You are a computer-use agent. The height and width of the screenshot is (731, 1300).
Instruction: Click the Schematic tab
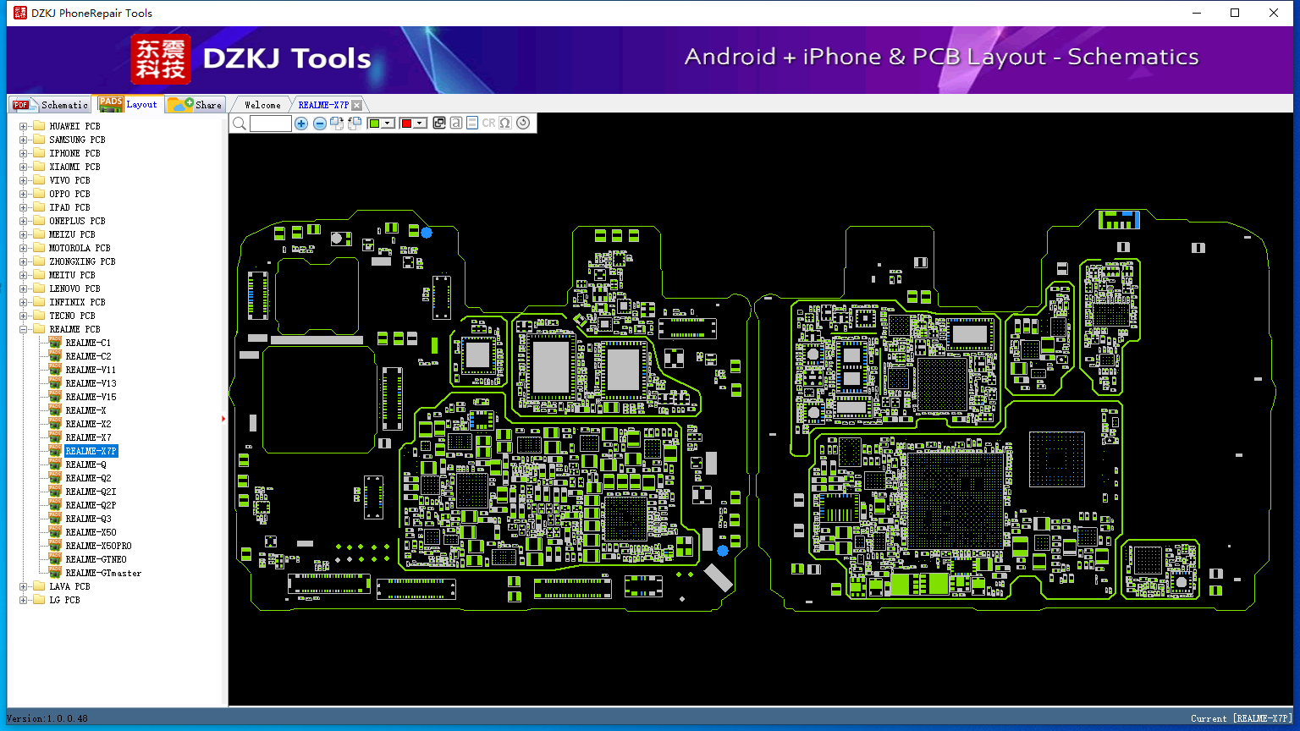51,105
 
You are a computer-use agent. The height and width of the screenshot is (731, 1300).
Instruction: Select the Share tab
196,105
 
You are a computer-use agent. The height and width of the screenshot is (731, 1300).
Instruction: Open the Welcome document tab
262,105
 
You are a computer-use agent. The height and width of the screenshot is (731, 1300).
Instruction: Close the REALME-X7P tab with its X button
357,105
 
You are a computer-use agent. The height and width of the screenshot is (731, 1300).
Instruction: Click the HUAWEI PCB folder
74,126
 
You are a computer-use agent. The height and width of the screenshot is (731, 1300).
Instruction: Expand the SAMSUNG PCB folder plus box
23,140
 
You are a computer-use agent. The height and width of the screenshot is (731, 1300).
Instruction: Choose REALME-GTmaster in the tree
103,573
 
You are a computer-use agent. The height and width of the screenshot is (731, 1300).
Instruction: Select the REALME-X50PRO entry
98,546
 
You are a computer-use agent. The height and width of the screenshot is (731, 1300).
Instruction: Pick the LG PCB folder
64,600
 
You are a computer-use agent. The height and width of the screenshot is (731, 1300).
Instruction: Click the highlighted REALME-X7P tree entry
91,451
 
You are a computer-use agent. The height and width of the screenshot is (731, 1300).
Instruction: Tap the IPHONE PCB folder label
74,153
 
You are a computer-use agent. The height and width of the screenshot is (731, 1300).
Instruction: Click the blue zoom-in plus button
301,124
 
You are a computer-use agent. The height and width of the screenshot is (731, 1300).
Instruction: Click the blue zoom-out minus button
320,124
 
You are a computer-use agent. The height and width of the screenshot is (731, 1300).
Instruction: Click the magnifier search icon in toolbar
240,124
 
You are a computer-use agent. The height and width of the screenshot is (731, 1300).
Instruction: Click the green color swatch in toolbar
375,124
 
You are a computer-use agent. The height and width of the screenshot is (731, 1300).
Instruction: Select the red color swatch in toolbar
407,124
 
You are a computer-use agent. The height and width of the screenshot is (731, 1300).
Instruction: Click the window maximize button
1235,13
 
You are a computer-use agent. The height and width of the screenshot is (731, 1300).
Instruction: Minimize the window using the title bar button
1197,13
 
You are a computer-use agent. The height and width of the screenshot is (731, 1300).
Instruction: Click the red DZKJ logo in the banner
161,59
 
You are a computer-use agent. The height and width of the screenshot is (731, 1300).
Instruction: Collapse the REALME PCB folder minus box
23,329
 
